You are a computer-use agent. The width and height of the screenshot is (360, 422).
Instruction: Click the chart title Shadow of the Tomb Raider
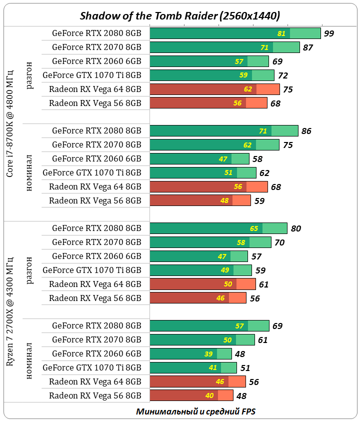[179, 16]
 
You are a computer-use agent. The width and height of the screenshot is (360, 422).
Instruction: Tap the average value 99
[328, 33]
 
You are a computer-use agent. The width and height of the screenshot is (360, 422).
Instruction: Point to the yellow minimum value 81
[281, 33]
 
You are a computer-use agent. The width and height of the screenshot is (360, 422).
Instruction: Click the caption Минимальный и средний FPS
[195, 411]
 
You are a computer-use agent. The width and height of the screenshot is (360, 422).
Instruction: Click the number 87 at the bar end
[308, 47]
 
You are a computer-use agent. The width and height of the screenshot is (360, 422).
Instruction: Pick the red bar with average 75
[214, 89]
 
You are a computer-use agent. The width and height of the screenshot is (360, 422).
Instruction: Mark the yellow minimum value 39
[208, 354]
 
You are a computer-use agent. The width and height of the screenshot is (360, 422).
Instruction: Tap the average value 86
[306, 131]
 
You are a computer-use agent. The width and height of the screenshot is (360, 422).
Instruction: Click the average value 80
[295, 228]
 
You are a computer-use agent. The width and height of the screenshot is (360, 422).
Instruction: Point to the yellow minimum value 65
[254, 228]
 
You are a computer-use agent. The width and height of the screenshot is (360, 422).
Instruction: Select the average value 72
[282, 75]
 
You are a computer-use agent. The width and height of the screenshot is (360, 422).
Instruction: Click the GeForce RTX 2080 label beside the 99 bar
[96, 33]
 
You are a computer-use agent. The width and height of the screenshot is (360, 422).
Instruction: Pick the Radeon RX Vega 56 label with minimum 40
[95, 395]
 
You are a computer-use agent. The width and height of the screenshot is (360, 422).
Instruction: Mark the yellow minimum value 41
[212, 368]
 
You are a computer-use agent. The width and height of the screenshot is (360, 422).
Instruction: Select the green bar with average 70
[210, 242]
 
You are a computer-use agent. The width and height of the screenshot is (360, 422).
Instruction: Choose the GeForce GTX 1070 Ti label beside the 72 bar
[92, 75]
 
